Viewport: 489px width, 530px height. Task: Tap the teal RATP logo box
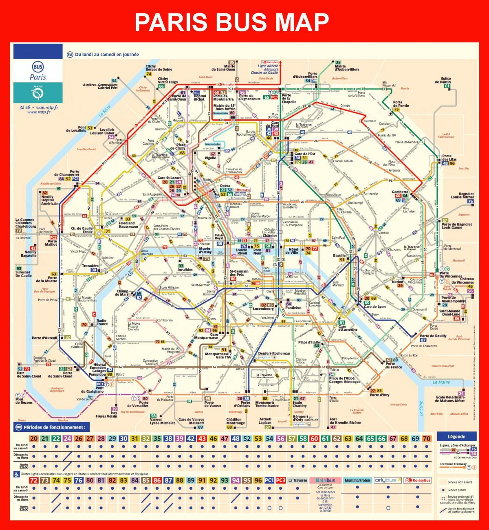point(38,93)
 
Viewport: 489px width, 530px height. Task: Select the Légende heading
point(456,436)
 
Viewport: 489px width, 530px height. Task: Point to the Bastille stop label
point(339,255)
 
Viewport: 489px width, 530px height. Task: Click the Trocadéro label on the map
point(90,266)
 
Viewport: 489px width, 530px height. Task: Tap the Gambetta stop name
point(400,191)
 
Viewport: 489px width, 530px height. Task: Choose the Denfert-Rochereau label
point(274,353)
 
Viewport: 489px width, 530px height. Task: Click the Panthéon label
point(293,308)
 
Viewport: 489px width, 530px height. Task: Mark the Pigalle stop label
point(210,158)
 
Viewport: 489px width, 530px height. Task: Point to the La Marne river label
point(441,382)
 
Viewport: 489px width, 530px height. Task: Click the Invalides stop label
point(185,269)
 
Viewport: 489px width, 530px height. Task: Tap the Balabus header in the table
point(325,480)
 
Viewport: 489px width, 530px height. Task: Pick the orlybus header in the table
point(388,480)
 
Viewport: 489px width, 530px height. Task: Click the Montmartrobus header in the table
point(357,480)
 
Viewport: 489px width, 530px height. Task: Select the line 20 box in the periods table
point(34,439)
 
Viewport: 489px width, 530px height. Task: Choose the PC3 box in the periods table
point(280,480)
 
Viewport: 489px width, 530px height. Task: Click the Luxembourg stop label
point(263,309)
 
